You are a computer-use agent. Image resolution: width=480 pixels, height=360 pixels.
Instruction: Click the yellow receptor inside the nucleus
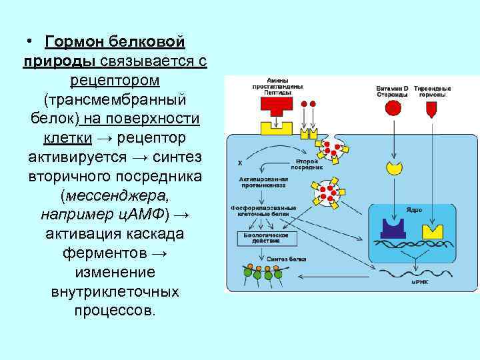coord(433,230)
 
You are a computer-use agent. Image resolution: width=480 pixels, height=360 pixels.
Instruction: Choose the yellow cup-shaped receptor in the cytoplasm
coord(395,167)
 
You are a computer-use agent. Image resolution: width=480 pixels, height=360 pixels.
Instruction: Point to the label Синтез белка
coord(279,257)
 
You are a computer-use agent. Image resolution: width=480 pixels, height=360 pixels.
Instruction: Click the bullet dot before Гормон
coord(31,41)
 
